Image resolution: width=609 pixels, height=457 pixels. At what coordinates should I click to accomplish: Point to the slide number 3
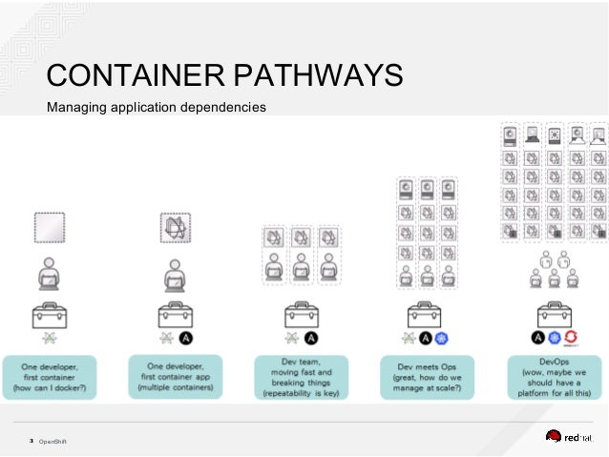click(x=31, y=441)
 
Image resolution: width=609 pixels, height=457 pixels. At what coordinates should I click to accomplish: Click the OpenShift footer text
click(x=52, y=441)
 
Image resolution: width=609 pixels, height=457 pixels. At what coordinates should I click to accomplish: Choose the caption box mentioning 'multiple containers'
click(x=175, y=375)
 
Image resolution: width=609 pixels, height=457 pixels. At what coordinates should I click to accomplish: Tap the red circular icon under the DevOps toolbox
click(x=572, y=339)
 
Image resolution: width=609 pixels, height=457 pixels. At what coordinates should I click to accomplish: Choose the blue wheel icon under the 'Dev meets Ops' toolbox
click(x=441, y=339)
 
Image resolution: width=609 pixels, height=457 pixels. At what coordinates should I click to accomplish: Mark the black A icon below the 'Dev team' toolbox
click(x=310, y=339)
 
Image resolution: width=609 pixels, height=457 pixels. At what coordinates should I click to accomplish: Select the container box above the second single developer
click(x=175, y=228)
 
